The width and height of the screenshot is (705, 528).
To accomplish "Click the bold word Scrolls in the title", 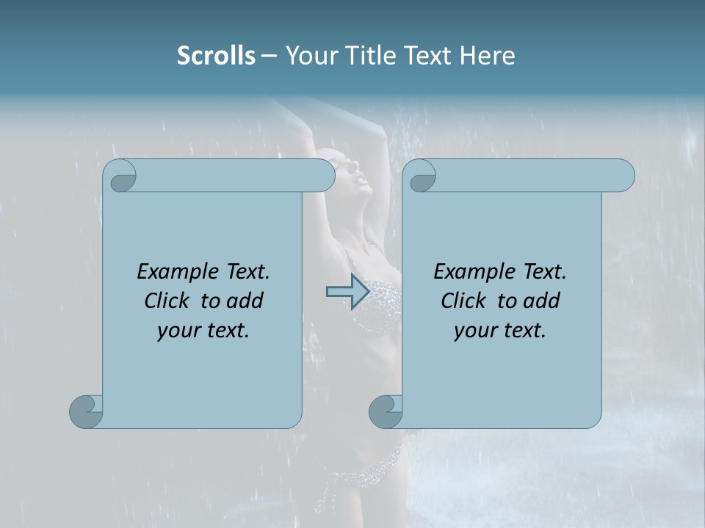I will coord(217,56).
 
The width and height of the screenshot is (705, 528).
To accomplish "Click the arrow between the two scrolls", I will coord(347,292).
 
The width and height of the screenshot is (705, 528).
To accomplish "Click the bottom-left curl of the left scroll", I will coord(87,411).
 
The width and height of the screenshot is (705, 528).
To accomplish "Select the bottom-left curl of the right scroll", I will coord(386,411).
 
